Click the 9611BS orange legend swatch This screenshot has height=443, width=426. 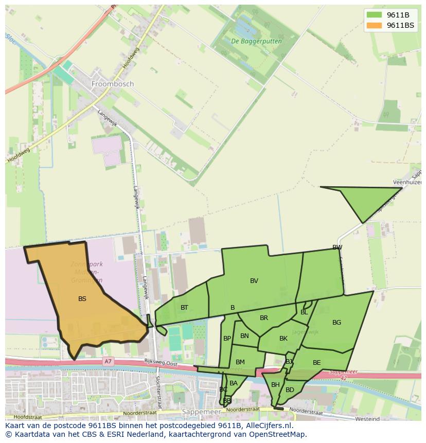(x=374, y=25)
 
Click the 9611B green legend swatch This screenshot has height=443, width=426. (x=374, y=15)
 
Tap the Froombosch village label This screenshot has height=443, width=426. (x=112, y=83)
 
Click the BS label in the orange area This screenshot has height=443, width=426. (x=82, y=298)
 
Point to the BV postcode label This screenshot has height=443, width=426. (x=254, y=281)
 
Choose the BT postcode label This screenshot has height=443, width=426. (x=184, y=308)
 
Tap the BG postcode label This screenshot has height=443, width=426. (x=336, y=323)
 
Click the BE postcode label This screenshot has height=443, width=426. (x=316, y=363)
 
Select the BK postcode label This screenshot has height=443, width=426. (x=283, y=339)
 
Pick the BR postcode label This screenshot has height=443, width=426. (x=264, y=318)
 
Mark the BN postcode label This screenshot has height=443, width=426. (x=244, y=336)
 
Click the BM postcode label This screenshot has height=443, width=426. (x=240, y=362)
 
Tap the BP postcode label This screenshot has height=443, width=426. (x=227, y=339)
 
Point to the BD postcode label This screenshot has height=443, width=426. (x=290, y=390)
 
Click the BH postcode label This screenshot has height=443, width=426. (x=275, y=385)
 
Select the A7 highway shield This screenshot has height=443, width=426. (x=108, y=362)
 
